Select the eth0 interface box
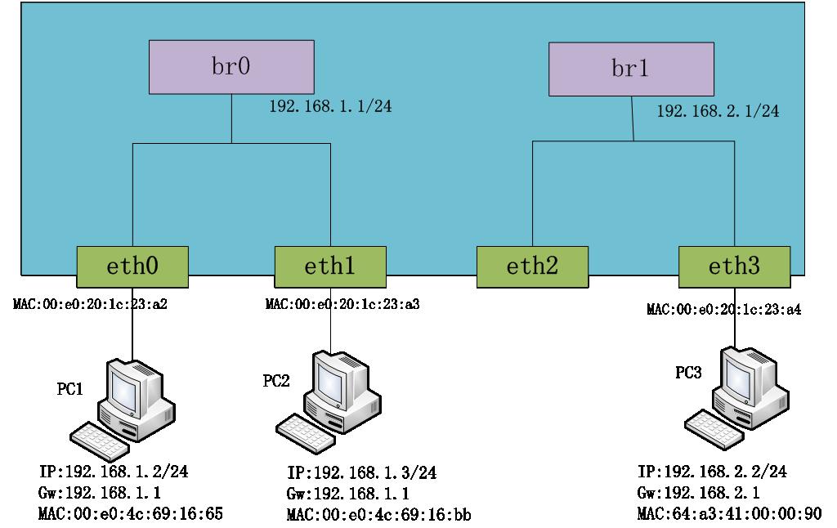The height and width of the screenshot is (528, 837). pyautogui.click(x=132, y=266)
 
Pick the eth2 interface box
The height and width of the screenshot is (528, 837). pyautogui.click(x=532, y=266)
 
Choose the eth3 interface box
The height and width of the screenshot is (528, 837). pyautogui.click(x=734, y=266)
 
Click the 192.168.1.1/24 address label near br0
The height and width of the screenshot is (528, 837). pyautogui.click(x=331, y=107)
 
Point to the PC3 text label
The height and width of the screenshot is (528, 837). pyautogui.click(x=687, y=374)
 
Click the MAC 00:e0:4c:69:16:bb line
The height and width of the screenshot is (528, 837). pyautogui.click(x=379, y=514)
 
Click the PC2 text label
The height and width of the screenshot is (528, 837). pyautogui.click(x=275, y=381)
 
